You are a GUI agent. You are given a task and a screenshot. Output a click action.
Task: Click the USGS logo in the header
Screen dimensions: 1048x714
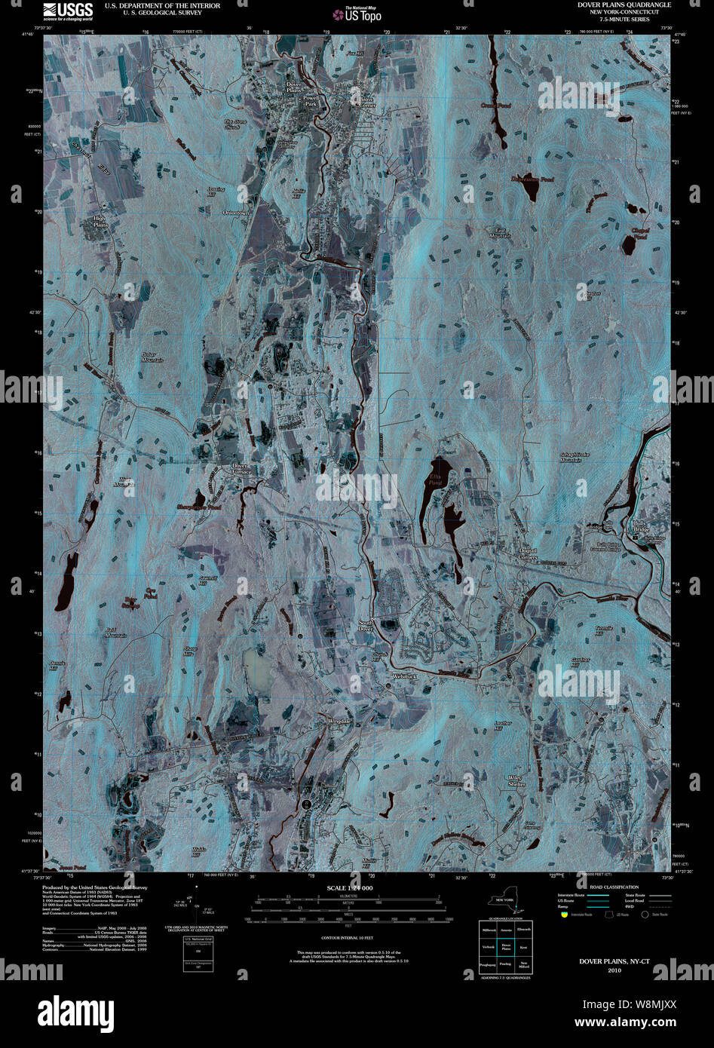68,11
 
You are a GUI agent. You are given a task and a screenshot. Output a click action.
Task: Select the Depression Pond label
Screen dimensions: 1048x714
532,179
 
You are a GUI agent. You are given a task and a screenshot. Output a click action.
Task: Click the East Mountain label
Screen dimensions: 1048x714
503,232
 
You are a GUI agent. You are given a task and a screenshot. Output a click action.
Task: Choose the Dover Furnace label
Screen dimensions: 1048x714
240,469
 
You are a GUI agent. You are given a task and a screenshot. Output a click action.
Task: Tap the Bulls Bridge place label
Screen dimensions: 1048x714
640,526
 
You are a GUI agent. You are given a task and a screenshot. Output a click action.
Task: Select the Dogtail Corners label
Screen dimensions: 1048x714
528,553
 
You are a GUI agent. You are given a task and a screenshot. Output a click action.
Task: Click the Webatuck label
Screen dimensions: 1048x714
404,676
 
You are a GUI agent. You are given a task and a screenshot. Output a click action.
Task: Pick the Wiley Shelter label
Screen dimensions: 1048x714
516,780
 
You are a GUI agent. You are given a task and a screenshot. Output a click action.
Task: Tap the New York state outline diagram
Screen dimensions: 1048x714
505,905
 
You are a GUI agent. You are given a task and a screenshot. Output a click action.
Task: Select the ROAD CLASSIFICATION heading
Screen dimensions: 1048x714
614,887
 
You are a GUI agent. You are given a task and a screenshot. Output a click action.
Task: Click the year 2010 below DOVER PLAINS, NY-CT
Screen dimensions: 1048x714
614,970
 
